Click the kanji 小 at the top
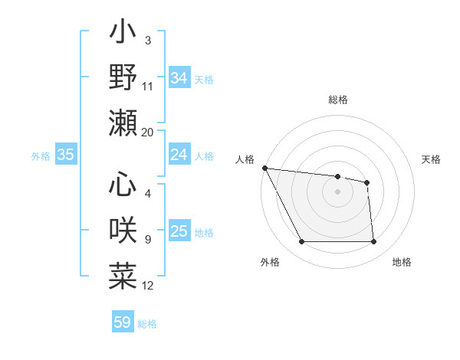click(x=123, y=35)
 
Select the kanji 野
click(x=123, y=78)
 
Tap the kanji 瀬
click(x=123, y=123)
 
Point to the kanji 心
click(x=123, y=185)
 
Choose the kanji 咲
click(x=123, y=231)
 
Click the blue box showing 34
click(x=179, y=78)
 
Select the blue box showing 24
click(x=179, y=155)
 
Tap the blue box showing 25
click(x=179, y=231)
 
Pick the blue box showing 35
click(x=65, y=155)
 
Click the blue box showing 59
click(x=123, y=322)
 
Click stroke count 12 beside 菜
click(x=148, y=286)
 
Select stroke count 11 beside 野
click(x=148, y=87)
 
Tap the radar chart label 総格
click(x=337, y=100)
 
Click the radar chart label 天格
click(x=432, y=159)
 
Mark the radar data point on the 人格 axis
click(x=264, y=168)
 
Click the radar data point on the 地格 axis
click(x=374, y=242)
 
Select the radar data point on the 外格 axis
click(x=301, y=242)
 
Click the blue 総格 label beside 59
click(x=147, y=324)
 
